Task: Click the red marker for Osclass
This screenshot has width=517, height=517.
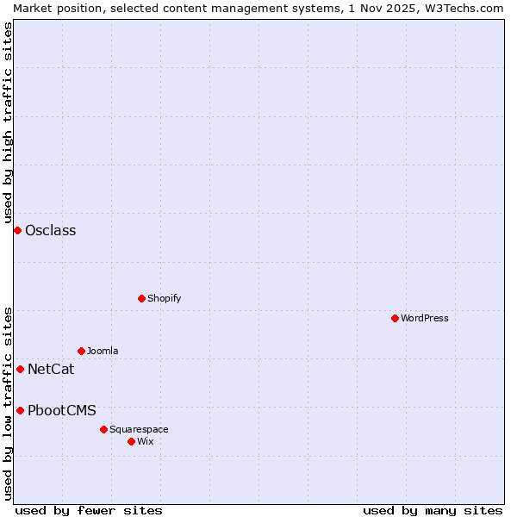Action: click(x=17, y=230)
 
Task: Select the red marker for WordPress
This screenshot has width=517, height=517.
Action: click(x=395, y=318)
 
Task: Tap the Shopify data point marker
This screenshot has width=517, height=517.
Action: click(x=141, y=298)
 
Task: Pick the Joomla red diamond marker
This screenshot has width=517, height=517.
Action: click(x=81, y=351)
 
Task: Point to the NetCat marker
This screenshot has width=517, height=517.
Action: click(x=20, y=369)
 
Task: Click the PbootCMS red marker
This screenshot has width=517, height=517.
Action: click(x=20, y=410)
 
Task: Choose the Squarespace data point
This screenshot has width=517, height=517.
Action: click(x=103, y=429)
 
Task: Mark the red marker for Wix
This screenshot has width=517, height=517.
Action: click(x=131, y=441)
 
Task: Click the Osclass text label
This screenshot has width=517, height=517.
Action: click(x=51, y=230)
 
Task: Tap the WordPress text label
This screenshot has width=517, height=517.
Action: click(x=425, y=318)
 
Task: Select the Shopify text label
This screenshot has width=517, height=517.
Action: click(x=165, y=298)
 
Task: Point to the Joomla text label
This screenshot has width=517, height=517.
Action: click(x=103, y=351)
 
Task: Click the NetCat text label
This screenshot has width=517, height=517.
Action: click(x=51, y=370)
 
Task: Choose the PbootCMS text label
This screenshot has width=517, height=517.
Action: click(x=62, y=410)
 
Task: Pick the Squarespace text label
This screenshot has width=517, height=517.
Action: click(x=139, y=429)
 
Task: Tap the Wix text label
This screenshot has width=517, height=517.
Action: click(x=146, y=441)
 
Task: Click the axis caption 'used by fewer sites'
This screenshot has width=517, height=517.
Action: click(x=89, y=510)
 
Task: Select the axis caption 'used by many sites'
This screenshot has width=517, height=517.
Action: click(x=433, y=510)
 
